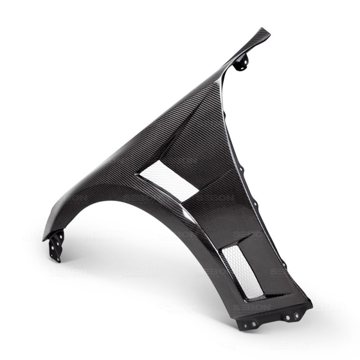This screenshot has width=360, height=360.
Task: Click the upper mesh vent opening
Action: click(x=169, y=180)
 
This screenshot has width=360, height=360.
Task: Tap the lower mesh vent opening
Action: click(x=243, y=270)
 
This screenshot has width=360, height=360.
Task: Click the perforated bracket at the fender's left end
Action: click(x=56, y=245)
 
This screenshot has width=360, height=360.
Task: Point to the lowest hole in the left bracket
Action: click(x=57, y=256)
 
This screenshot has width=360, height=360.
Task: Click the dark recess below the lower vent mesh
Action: click(x=265, y=297)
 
